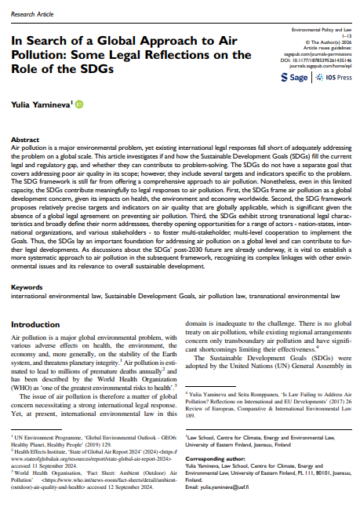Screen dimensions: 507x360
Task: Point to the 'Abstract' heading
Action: [x=27, y=140]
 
